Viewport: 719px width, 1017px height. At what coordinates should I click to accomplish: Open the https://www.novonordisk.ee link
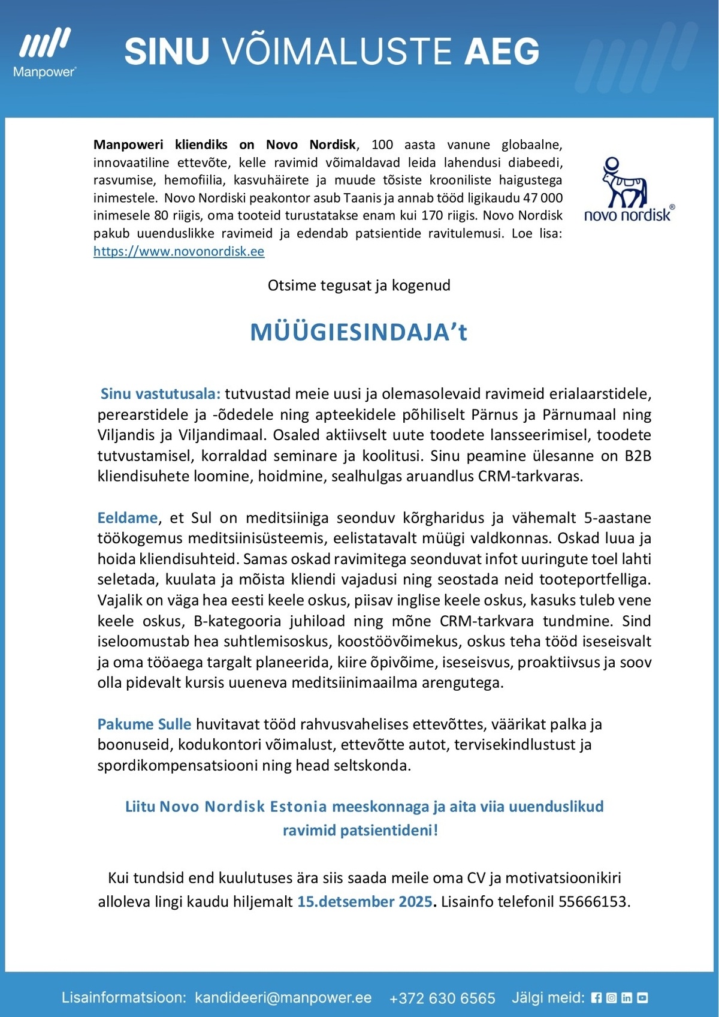point(179,251)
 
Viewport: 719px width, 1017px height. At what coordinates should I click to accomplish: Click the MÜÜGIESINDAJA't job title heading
point(358,332)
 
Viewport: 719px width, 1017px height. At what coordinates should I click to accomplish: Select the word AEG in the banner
point(502,51)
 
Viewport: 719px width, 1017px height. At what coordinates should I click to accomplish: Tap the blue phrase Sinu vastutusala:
point(161,394)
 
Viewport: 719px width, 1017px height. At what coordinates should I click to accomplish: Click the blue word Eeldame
point(128,517)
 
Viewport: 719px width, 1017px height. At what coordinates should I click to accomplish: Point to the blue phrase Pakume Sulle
point(144,724)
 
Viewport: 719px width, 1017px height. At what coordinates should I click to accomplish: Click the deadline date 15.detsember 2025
point(365,901)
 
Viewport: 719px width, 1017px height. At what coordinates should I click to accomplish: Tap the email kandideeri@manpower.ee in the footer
point(283,998)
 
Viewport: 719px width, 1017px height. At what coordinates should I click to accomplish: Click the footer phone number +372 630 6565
point(442,998)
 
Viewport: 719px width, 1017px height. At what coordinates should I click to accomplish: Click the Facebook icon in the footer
point(596,998)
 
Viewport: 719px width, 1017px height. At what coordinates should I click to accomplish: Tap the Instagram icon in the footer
point(611,998)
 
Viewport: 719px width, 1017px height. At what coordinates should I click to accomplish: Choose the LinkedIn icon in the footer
point(627,998)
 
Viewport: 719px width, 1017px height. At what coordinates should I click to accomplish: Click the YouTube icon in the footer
point(642,998)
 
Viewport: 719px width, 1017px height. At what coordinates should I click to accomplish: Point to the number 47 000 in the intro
point(543,198)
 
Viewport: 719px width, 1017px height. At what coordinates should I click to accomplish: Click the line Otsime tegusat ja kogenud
point(359,285)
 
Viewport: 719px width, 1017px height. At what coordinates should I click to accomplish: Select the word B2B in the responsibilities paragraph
point(638,456)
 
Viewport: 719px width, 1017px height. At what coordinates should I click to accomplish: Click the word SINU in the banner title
point(167,51)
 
